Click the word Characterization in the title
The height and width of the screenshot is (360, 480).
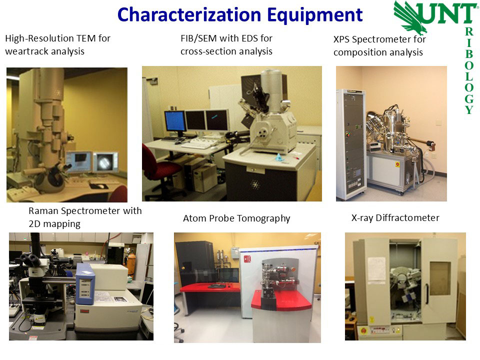point(189,14)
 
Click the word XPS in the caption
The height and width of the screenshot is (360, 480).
point(341,39)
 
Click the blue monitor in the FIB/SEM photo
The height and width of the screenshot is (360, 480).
point(175,121)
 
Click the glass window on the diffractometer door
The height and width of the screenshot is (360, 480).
point(440,278)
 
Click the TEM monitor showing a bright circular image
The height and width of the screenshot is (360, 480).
point(105,162)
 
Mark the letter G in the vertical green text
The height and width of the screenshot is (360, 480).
point(469,98)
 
